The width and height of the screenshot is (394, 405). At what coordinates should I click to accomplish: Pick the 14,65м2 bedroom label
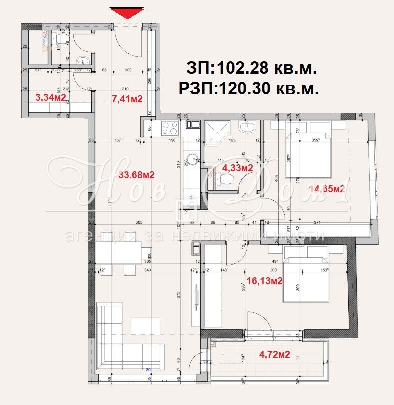(327, 189)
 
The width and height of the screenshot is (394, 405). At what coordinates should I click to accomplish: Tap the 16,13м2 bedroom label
(263, 281)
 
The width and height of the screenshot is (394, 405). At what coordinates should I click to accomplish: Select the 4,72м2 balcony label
(274, 355)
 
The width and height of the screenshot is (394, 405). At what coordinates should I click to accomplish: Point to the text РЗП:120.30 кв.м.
(248, 88)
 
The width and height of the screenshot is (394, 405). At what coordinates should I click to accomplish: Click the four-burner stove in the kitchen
(170, 128)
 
